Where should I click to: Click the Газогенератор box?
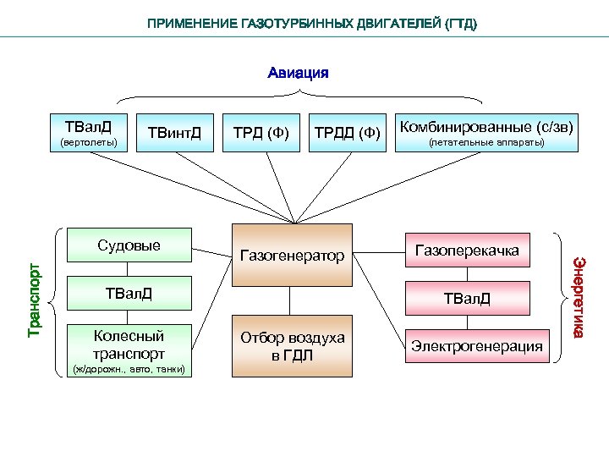(x=292, y=255)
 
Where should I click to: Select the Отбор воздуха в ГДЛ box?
(x=292, y=346)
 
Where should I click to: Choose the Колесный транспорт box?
(x=129, y=345)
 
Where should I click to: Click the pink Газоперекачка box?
(x=467, y=251)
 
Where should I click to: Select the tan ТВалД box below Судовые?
(x=129, y=294)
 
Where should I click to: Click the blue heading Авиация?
(x=298, y=72)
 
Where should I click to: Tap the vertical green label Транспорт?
(x=34, y=299)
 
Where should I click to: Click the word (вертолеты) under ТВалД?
(x=89, y=141)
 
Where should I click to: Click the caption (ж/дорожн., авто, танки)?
(x=129, y=369)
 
